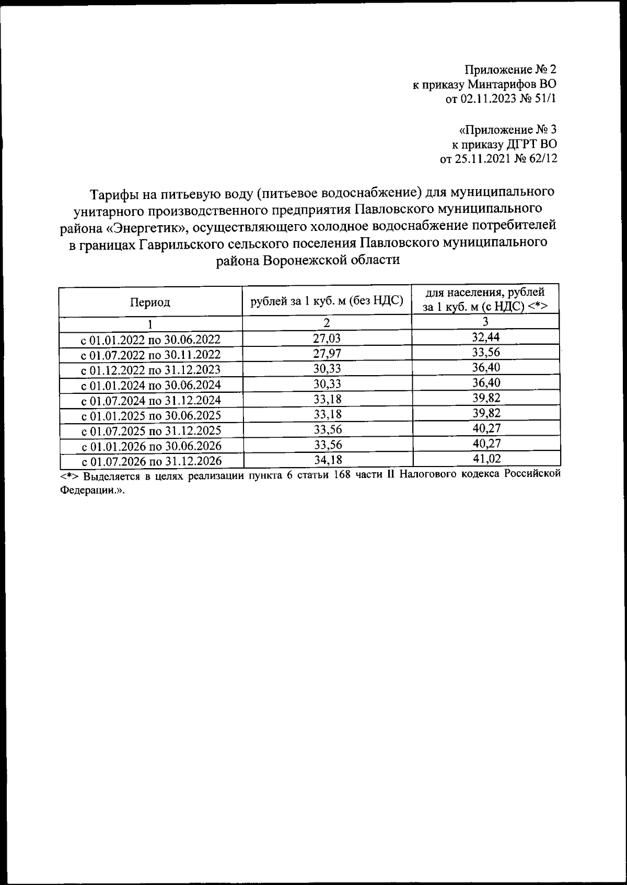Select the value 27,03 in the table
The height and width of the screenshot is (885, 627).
[327, 339]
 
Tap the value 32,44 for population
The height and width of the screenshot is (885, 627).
[485, 337]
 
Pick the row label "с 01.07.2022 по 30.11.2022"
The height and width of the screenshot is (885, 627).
[150, 355]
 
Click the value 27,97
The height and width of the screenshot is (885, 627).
[327, 354]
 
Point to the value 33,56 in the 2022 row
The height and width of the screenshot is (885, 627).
[485, 352]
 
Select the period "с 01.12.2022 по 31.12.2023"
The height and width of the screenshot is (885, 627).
[150, 370]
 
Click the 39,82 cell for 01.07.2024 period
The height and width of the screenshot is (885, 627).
[485, 398]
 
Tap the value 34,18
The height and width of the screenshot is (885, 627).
[327, 460]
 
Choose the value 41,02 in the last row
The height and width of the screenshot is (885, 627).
[486, 459]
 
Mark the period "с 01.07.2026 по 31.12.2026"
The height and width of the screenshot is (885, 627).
[150, 461]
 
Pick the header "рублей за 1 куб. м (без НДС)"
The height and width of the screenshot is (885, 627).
[327, 301]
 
